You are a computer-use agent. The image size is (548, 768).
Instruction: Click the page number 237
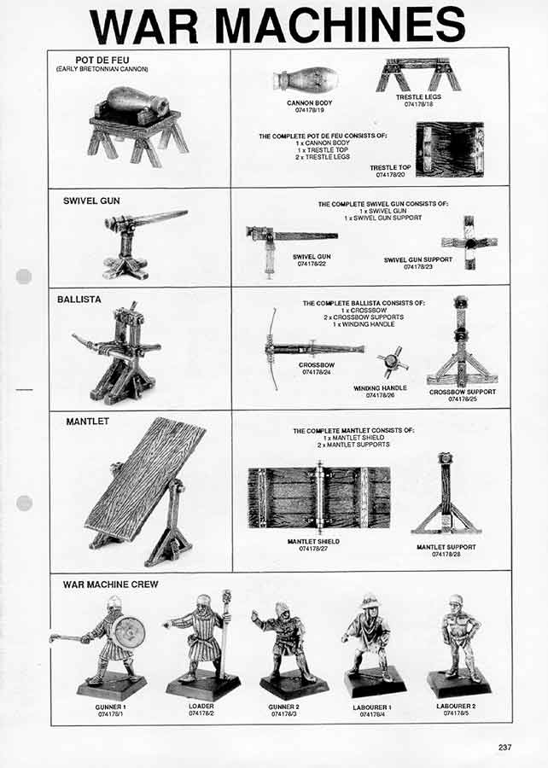click(x=504, y=748)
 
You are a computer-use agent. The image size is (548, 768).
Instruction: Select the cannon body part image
click(x=305, y=80)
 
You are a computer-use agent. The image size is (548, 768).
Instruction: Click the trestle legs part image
click(x=418, y=75)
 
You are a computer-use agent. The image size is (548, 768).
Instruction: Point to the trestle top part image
click(x=449, y=149)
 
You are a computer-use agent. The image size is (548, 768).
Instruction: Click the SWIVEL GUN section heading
click(x=91, y=201)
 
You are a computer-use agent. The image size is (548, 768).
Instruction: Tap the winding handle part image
click(x=392, y=362)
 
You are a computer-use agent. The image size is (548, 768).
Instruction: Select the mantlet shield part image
click(x=318, y=497)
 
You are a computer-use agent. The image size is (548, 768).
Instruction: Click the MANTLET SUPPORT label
click(x=446, y=547)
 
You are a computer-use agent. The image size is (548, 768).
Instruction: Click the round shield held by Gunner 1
click(x=129, y=631)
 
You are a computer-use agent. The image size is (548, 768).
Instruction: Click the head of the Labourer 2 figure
click(x=456, y=601)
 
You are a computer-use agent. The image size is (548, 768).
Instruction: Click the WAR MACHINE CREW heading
click(x=110, y=585)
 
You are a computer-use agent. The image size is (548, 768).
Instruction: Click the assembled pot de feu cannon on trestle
click(x=137, y=125)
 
